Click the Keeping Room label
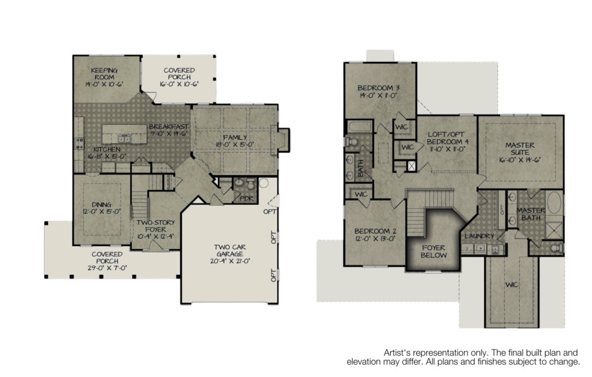coord(104,73)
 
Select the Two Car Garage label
coord(230,250)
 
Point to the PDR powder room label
coord(246,199)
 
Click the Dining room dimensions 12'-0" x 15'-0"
coord(102,212)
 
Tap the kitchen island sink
coord(124,138)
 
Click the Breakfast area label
coord(168,127)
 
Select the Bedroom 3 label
coord(379,88)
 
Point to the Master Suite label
coord(520,149)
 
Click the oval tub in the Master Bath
coord(554,202)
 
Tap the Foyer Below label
coord(434,251)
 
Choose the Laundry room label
coord(479,236)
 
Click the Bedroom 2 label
coord(375,231)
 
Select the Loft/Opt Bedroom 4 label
coord(448,138)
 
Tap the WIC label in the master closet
coord(512,284)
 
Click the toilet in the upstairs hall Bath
coord(351,142)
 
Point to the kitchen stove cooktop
coord(79,143)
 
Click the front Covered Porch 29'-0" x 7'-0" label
coord(107,261)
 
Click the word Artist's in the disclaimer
coord(397,353)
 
